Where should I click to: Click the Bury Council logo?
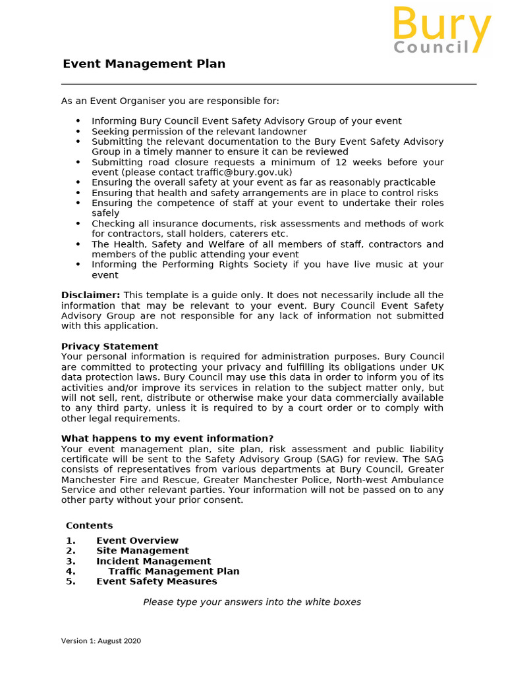tap(442, 31)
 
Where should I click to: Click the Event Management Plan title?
tap(144, 64)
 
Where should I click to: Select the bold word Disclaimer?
tap(90, 295)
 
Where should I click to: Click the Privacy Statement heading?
tap(109, 346)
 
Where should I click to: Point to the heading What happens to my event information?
tap(167, 438)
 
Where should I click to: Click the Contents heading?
tap(89, 525)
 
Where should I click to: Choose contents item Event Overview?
tap(137, 540)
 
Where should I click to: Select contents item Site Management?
tap(142, 550)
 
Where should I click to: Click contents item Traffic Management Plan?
tap(174, 571)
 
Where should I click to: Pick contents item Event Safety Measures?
tap(156, 581)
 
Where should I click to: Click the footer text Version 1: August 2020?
tap(101, 640)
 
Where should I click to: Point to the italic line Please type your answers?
tap(252, 602)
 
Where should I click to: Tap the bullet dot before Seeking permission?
tap(78, 132)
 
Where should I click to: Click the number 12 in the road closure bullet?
tap(341, 162)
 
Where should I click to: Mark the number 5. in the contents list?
tap(70, 581)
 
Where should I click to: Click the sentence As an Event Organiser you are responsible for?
tap(170, 101)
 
